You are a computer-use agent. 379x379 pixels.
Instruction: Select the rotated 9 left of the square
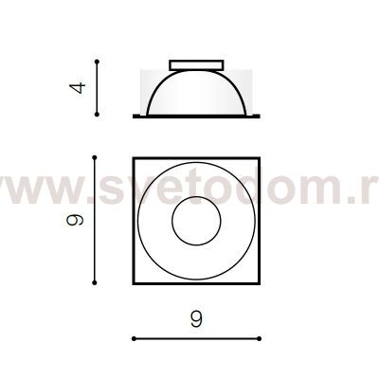81,220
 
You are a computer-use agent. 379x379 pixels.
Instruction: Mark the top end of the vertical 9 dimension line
95,157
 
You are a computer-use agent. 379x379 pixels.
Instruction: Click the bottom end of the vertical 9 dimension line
95,281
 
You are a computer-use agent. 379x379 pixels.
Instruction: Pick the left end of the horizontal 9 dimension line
133,337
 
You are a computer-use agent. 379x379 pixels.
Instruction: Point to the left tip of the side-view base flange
134,117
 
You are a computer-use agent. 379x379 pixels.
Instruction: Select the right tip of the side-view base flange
256,117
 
